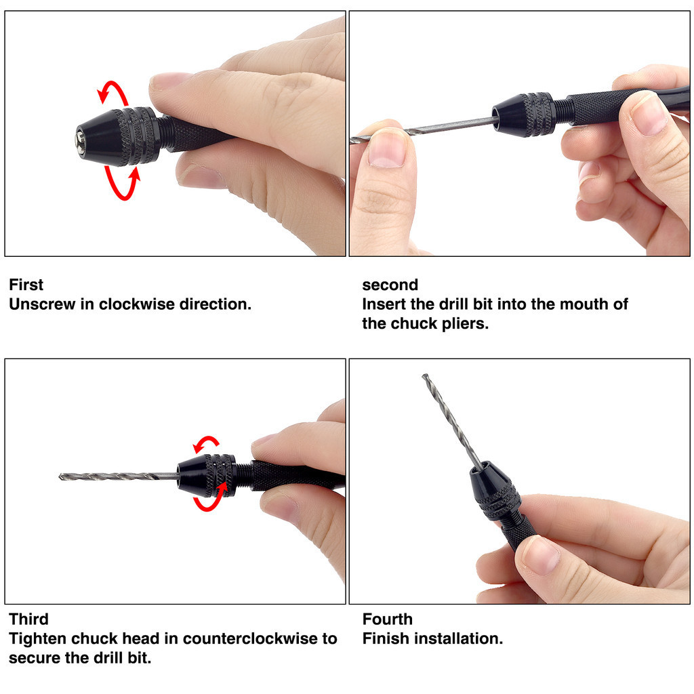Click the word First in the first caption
pos(26,285)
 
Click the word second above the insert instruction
pos(390,285)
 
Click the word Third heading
pos(28,619)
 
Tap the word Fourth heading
pos(387,619)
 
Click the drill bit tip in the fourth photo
pos(424,376)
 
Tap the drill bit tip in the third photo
pos(61,476)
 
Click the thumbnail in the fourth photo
pos(542,555)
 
